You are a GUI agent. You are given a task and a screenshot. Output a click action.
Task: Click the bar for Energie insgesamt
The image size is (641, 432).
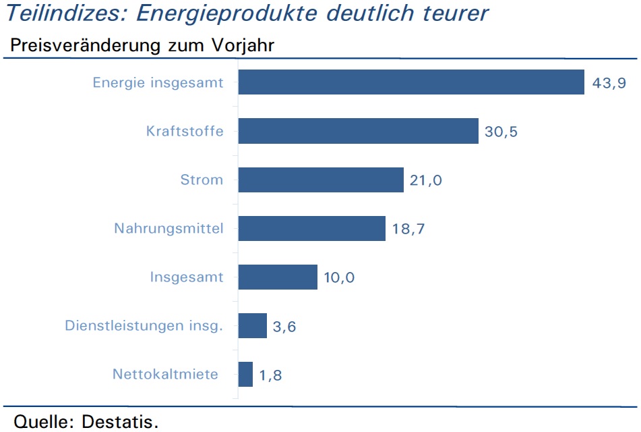[x=411, y=82]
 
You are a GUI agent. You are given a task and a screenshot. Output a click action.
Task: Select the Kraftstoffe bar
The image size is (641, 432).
[x=359, y=131]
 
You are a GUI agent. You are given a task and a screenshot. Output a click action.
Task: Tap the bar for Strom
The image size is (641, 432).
[x=321, y=180]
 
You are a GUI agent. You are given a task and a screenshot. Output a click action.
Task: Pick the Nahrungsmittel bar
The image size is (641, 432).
[x=312, y=229]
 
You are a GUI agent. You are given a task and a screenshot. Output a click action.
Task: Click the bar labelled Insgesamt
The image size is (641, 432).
[x=278, y=277]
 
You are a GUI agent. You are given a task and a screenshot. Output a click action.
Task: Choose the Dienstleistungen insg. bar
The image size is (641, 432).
[x=253, y=326]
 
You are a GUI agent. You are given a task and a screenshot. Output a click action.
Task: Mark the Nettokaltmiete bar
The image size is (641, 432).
[x=246, y=374]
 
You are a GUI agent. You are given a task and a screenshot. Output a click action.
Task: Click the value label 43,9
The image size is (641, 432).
[x=609, y=83]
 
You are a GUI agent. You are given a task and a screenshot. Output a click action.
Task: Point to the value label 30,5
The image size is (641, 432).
[x=501, y=132]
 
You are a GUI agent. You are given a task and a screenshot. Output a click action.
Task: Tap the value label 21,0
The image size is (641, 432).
[x=426, y=181]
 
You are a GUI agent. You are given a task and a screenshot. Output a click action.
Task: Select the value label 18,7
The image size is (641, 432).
[x=408, y=229]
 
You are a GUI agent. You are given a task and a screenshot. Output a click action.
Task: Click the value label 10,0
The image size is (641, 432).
[x=339, y=277]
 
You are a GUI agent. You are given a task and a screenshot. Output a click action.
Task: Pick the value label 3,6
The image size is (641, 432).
[x=284, y=327]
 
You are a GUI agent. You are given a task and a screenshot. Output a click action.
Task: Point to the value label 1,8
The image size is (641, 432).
[x=271, y=375]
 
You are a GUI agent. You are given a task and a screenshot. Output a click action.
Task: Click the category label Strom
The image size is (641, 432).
[x=202, y=180]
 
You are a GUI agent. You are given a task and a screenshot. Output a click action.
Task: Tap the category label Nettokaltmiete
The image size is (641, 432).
[x=166, y=374]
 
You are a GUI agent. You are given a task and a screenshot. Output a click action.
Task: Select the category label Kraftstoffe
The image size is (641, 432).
[x=185, y=131]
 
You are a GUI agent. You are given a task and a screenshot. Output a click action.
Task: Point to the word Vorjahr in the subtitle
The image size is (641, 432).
[x=243, y=45]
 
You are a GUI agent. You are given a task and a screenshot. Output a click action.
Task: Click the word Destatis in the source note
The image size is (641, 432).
[x=120, y=421]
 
